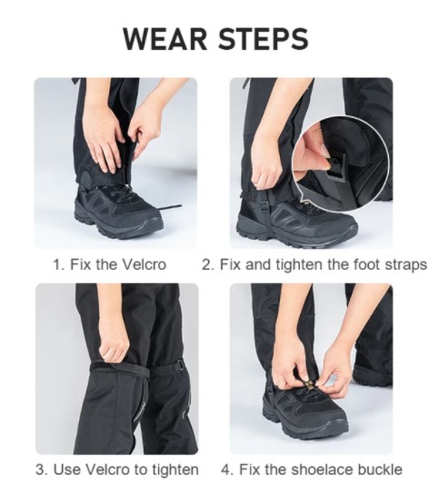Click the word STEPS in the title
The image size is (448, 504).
[264, 39]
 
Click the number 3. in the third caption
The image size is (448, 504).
[41, 469]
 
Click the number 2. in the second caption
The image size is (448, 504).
[208, 265]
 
